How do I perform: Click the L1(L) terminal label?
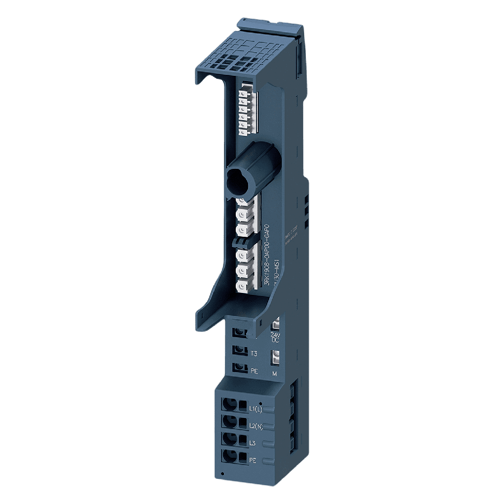[x=255, y=409]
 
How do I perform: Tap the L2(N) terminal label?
[x=256, y=426]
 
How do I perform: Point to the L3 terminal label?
[x=252, y=443]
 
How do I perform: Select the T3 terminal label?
[x=254, y=353]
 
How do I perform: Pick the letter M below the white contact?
[x=275, y=374]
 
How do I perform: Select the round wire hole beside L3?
[x=228, y=439]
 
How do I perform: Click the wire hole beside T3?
[x=240, y=349]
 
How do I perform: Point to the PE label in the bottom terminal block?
[x=253, y=460]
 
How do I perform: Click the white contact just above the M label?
[x=276, y=357]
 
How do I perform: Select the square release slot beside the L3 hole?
[x=242, y=439]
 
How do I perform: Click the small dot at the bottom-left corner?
[x=223, y=474]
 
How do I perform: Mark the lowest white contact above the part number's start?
[x=243, y=286]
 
